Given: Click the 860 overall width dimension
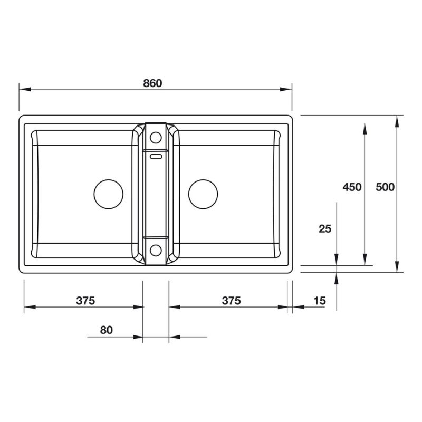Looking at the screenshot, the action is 152,83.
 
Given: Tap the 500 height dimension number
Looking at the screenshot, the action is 385,187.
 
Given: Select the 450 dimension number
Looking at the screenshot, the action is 352,187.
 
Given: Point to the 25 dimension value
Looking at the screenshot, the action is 325,229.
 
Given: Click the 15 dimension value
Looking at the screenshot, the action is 320,301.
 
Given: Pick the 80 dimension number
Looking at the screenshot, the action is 107,330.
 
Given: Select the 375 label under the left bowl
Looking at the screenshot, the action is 85,301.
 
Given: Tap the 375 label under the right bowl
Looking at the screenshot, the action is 232,301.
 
